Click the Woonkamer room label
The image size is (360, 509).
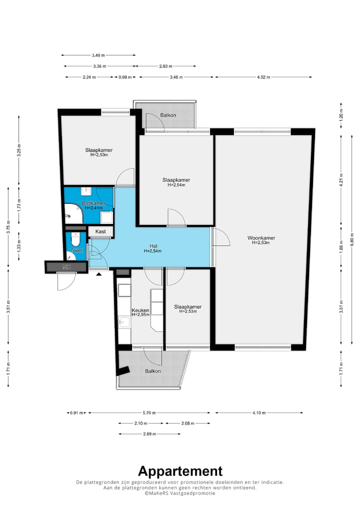(x=261, y=237)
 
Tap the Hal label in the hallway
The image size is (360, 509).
(x=153, y=246)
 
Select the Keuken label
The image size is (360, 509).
(x=140, y=310)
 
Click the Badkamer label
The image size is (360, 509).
(x=93, y=203)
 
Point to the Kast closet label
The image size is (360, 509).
(x=100, y=231)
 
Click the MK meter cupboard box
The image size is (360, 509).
(x=66, y=267)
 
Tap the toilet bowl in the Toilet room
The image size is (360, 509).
(x=75, y=239)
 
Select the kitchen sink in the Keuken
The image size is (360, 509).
(x=124, y=322)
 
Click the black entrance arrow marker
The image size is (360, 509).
(x=98, y=274)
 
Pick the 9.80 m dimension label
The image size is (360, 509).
(x=352, y=239)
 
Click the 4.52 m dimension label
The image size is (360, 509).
(x=263, y=77)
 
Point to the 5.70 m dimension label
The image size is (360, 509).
(x=149, y=413)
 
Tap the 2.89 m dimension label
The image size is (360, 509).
(x=149, y=434)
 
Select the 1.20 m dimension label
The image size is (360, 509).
(x=341, y=115)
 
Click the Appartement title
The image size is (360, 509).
(x=180, y=471)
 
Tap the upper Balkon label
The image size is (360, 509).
(x=168, y=115)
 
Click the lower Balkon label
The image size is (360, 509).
(x=153, y=371)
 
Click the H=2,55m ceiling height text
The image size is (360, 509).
(x=140, y=314)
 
